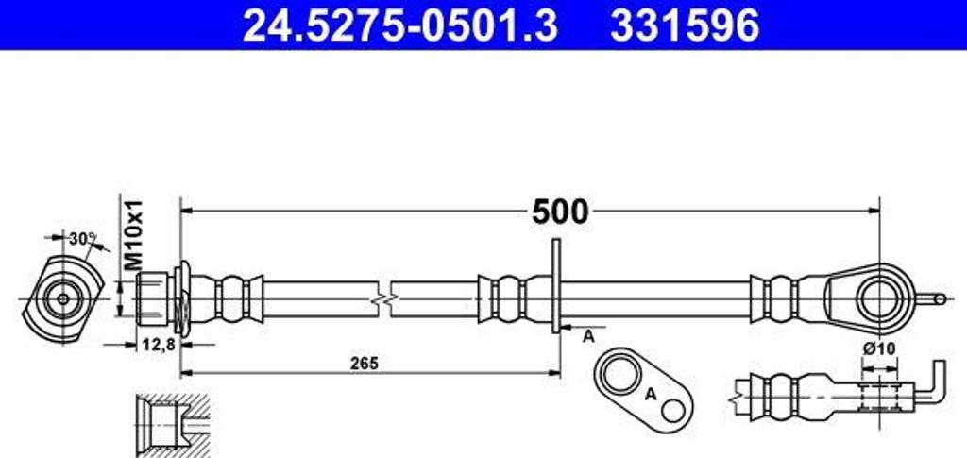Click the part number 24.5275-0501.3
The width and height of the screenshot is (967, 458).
tap(400, 25)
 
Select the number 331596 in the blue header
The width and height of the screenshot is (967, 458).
tap(685, 25)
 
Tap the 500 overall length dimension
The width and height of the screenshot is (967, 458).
tap(560, 212)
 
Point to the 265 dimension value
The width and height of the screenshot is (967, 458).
tap(364, 364)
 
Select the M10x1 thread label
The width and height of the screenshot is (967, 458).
tap(133, 235)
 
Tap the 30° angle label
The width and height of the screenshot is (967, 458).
tap(83, 239)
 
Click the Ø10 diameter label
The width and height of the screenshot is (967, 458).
tap(879, 348)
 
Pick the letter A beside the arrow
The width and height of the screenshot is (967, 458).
tap(589, 336)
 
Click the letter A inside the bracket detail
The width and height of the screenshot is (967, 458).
tap(650, 394)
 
